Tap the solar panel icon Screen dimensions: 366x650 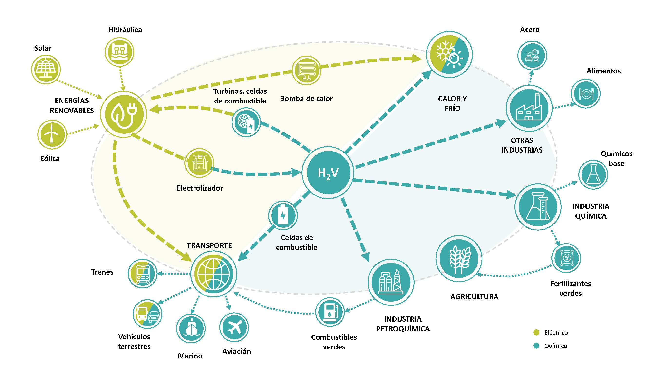(x=46, y=69)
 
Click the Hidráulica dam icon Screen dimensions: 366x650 (x=119, y=52)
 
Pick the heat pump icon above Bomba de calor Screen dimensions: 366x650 (x=306, y=70)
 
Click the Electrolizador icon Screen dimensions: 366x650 (x=199, y=163)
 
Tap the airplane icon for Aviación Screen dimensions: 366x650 (x=234, y=327)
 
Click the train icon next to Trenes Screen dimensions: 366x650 (x=143, y=274)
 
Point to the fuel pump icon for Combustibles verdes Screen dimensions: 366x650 (x=330, y=313)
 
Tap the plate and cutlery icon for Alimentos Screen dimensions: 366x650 (x=585, y=94)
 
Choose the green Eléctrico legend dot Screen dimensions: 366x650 (x=536, y=332)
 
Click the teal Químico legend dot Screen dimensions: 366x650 (x=536, y=346)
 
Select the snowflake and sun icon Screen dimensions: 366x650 (x=449, y=55)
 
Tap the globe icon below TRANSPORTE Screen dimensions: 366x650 (x=213, y=274)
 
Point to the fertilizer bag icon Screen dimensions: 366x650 (x=566, y=258)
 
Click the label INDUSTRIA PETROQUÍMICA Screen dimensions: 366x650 (x=403, y=324)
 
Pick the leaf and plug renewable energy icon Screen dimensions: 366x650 (x=123, y=114)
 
